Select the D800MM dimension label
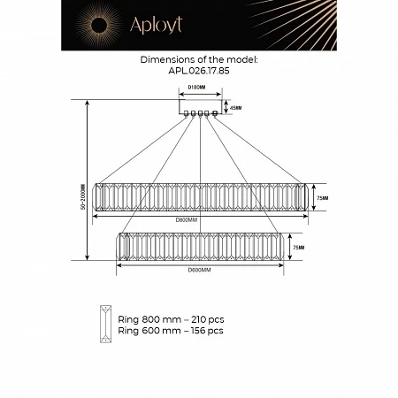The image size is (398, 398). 186,218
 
